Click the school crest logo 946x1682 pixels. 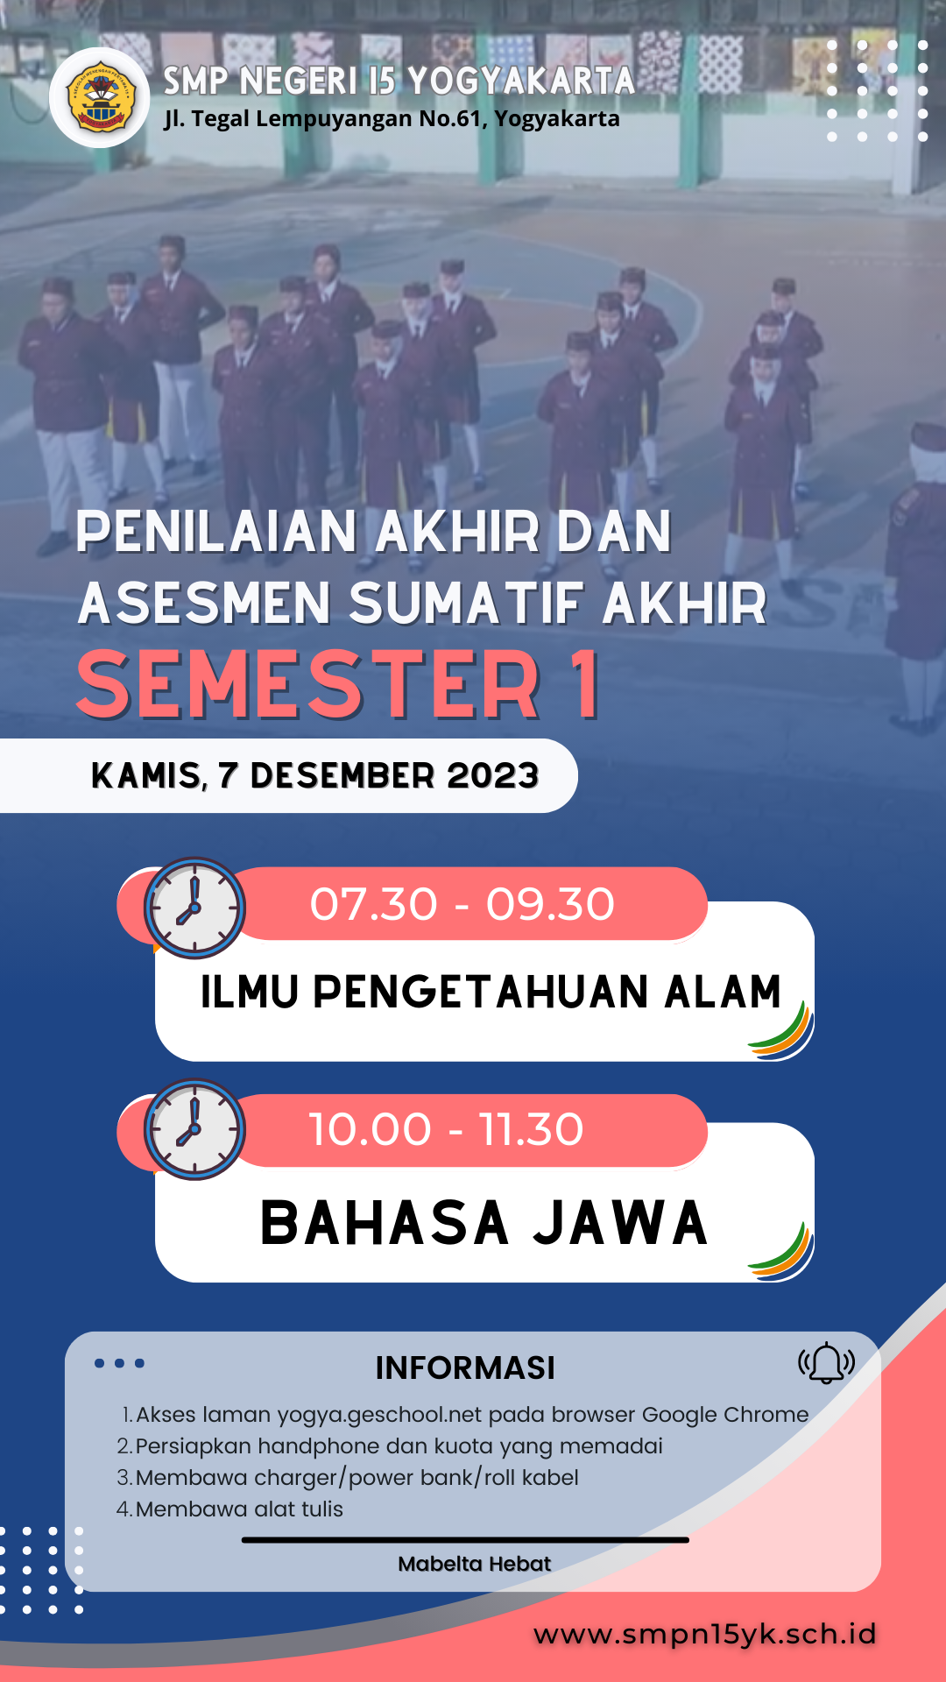(x=100, y=98)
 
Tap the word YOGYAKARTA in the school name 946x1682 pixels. (x=521, y=81)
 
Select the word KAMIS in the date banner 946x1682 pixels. (x=147, y=776)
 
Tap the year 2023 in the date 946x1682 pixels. (x=492, y=775)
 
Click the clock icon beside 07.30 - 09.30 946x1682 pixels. (x=194, y=908)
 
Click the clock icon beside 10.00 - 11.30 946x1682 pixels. (x=194, y=1129)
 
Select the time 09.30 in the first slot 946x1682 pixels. (x=550, y=904)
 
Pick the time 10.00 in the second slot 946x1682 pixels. (x=371, y=1129)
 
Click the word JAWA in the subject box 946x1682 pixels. (x=620, y=1223)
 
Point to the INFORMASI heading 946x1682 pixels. (x=465, y=1368)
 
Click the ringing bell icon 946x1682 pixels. (x=826, y=1363)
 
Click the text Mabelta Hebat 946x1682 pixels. (x=474, y=1564)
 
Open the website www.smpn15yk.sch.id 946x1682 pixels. (x=705, y=1634)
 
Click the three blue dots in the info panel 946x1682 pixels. (x=119, y=1363)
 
